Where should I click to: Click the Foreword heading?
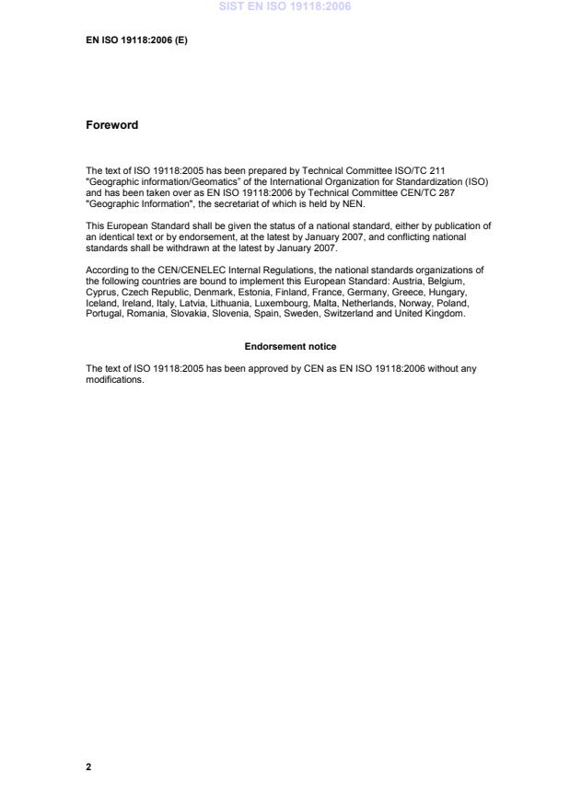[111, 125]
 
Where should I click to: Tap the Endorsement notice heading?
[290, 346]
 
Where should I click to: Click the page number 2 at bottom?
[88, 766]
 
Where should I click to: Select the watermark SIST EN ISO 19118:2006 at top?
[285, 7]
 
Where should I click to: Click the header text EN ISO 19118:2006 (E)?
[136, 41]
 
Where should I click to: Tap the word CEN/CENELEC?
[167, 270]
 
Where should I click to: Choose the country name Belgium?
[465, 280]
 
